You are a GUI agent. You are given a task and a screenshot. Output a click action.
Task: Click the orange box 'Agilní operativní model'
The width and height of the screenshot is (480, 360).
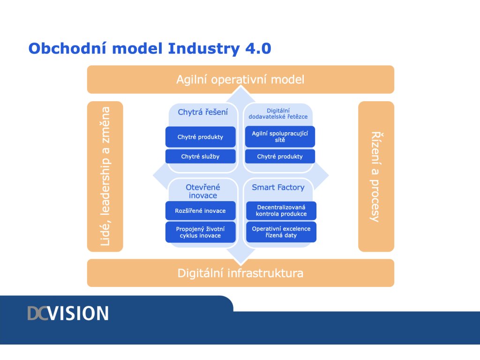pyautogui.click(x=240, y=79)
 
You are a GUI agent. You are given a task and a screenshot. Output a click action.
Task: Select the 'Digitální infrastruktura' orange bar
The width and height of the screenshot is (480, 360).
pyautogui.click(x=240, y=273)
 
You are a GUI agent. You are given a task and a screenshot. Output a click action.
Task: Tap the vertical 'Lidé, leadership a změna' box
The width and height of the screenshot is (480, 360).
pyautogui.click(x=105, y=176)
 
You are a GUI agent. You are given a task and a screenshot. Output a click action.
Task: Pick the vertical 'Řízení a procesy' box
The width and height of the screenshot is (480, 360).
pyautogui.click(x=376, y=176)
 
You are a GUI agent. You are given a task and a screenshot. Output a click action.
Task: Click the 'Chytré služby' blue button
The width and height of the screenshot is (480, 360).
pyautogui.click(x=201, y=157)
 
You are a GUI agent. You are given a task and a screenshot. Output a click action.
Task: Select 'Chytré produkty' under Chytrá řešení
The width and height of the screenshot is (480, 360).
pyautogui.click(x=201, y=137)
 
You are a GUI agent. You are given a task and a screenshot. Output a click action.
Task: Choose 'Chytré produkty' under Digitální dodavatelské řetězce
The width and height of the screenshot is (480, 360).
pyautogui.click(x=280, y=157)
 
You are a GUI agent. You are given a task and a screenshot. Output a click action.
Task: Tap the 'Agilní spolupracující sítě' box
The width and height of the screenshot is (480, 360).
pyautogui.click(x=280, y=136)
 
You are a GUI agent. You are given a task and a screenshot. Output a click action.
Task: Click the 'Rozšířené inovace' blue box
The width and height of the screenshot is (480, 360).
pyautogui.click(x=201, y=210)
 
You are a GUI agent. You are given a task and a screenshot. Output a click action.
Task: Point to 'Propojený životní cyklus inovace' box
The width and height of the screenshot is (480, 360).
pyautogui.click(x=201, y=232)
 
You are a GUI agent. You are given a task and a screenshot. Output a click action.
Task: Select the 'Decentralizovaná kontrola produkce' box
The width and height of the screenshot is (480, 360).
pyautogui.click(x=281, y=210)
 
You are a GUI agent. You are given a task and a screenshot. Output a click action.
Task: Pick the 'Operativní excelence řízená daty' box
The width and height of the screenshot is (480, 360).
pyautogui.click(x=281, y=232)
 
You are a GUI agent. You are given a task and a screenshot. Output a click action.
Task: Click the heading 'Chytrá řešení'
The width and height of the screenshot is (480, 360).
pyautogui.click(x=202, y=112)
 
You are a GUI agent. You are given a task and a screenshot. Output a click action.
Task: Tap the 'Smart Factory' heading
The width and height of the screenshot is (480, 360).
pyautogui.click(x=278, y=187)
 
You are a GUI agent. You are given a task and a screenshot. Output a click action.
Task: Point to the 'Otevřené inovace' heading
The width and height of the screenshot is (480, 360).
pyautogui.click(x=203, y=191)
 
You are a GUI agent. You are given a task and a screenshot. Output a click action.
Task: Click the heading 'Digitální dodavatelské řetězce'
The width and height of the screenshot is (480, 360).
pyautogui.click(x=278, y=113)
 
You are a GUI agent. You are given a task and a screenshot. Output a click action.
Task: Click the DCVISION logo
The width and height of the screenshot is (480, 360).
pyautogui.click(x=68, y=313)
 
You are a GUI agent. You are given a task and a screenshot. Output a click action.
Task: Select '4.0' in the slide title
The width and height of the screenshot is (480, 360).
pyautogui.click(x=258, y=48)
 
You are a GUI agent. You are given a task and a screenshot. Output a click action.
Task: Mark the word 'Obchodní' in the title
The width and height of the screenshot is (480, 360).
pyautogui.click(x=67, y=48)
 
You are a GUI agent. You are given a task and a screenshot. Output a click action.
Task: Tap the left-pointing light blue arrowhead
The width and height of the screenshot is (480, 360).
pyautogui.click(x=159, y=176)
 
